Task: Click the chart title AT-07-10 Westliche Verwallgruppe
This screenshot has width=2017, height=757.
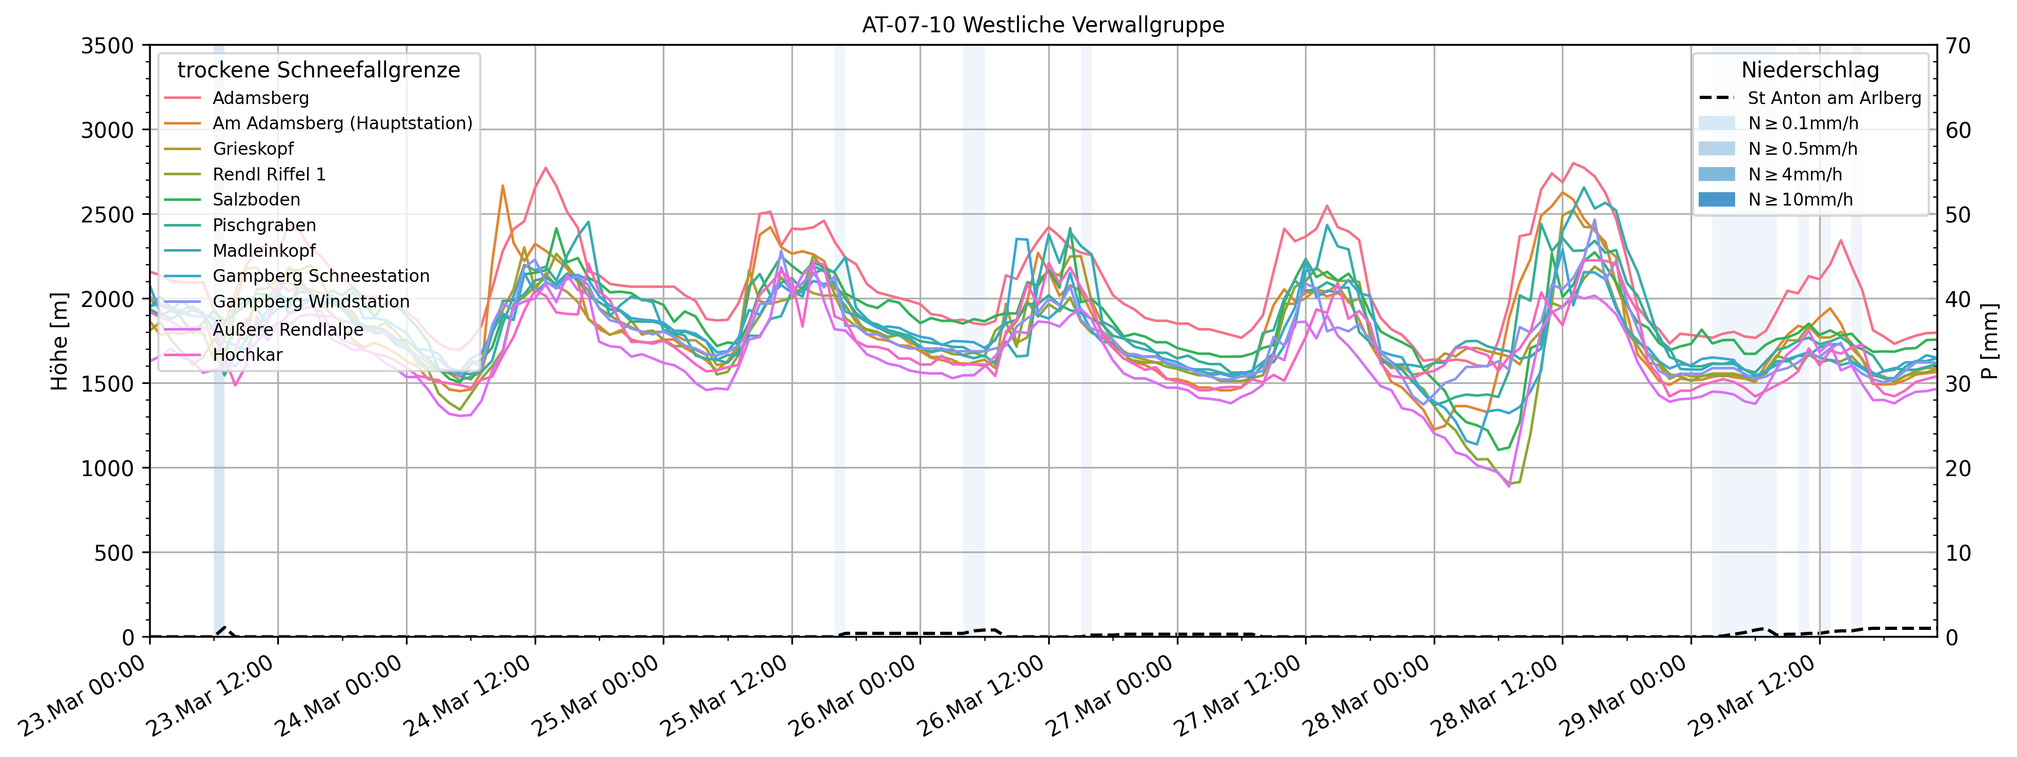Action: click(1043, 25)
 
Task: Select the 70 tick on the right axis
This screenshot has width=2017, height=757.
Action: click(1959, 46)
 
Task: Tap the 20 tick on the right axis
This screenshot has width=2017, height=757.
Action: click(1959, 468)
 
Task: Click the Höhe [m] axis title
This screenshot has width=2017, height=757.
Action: click(59, 341)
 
